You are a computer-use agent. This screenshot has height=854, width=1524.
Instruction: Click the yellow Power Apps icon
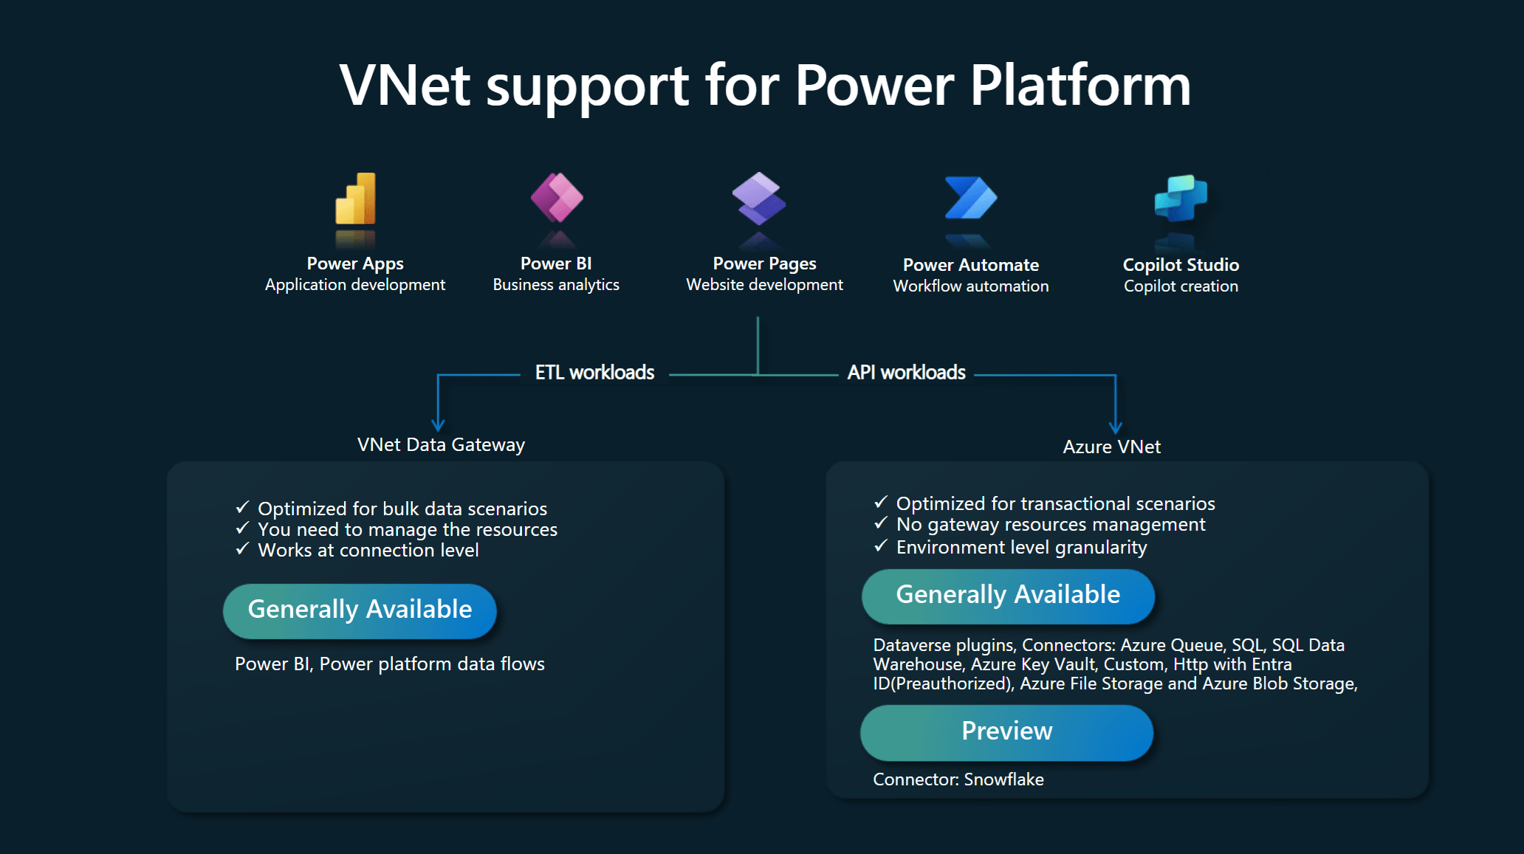(x=355, y=199)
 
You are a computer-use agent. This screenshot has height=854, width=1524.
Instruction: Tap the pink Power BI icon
(x=557, y=198)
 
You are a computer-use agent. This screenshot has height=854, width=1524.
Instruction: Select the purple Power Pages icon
(x=758, y=199)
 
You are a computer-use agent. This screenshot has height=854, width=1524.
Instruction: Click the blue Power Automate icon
(x=970, y=198)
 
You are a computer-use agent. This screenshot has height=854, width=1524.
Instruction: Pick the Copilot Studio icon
(x=1181, y=198)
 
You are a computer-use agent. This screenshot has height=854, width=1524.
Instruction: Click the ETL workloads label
(x=594, y=373)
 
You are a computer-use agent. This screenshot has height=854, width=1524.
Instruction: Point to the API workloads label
(x=906, y=373)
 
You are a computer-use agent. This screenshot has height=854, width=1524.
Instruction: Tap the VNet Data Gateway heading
(x=441, y=444)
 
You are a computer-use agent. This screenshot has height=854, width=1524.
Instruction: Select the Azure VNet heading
(x=1111, y=447)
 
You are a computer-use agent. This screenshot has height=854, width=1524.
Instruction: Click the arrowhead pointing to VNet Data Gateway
(x=438, y=424)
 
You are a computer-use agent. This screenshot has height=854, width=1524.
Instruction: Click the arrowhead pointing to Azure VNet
(x=1116, y=427)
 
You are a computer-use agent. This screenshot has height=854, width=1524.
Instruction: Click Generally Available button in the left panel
(x=360, y=610)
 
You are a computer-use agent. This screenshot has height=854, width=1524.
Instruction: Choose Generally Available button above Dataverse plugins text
(x=1008, y=596)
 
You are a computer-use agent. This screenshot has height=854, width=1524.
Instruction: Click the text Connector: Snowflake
(x=958, y=779)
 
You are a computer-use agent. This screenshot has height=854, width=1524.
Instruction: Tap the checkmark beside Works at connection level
(x=242, y=549)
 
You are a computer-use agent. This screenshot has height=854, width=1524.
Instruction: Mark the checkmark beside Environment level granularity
(x=880, y=546)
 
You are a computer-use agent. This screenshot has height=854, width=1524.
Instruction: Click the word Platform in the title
(x=1079, y=86)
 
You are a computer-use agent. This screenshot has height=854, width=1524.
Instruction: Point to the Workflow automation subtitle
(x=970, y=286)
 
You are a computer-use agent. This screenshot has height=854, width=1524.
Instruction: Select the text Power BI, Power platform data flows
(x=389, y=664)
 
